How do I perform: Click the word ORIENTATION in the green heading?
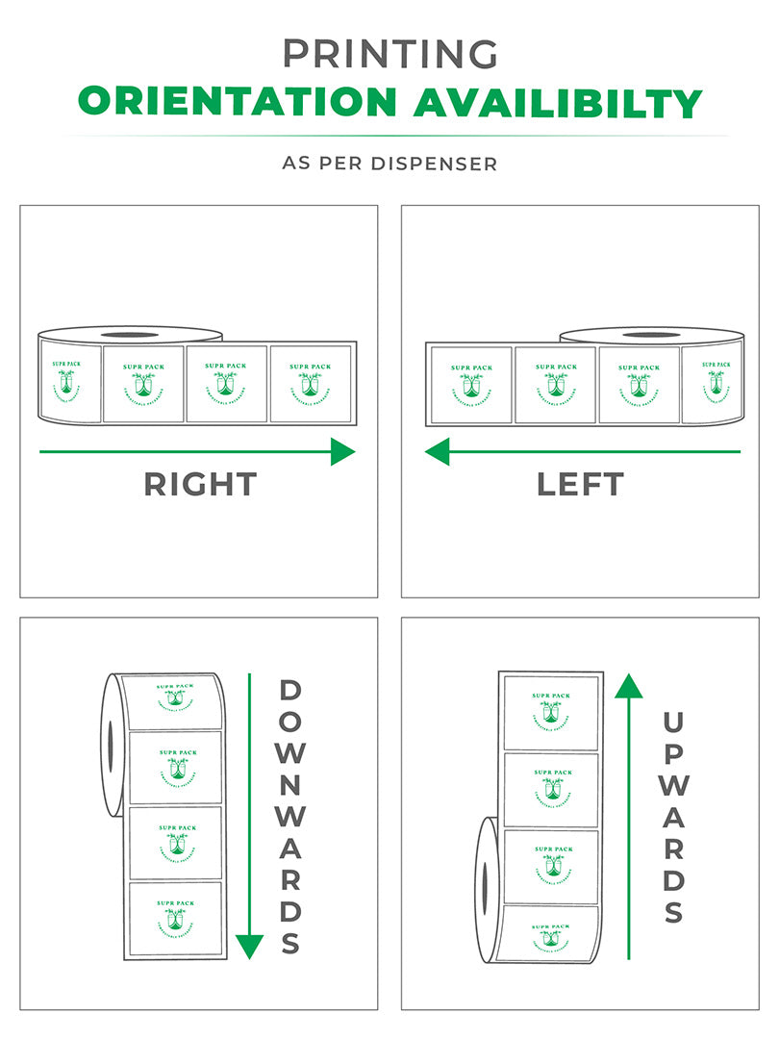[236, 101]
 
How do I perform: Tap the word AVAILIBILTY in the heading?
[558, 101]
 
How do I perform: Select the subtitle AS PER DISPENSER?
[389, 164]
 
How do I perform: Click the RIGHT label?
[200, 484]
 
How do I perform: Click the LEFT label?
[580, 484]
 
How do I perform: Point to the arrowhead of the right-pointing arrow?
[343, 451]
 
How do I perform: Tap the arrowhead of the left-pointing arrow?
[438, 451]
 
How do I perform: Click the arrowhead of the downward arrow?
[249, 947]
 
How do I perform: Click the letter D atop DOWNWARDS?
[290, 691]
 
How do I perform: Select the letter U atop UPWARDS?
[673, 722]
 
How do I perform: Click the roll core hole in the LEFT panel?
[652, 335]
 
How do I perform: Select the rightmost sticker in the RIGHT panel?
[310, 384]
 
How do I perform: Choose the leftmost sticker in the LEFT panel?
[470, 385]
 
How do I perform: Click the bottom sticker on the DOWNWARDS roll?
[176, 919]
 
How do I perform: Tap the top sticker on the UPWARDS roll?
[551, 713]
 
